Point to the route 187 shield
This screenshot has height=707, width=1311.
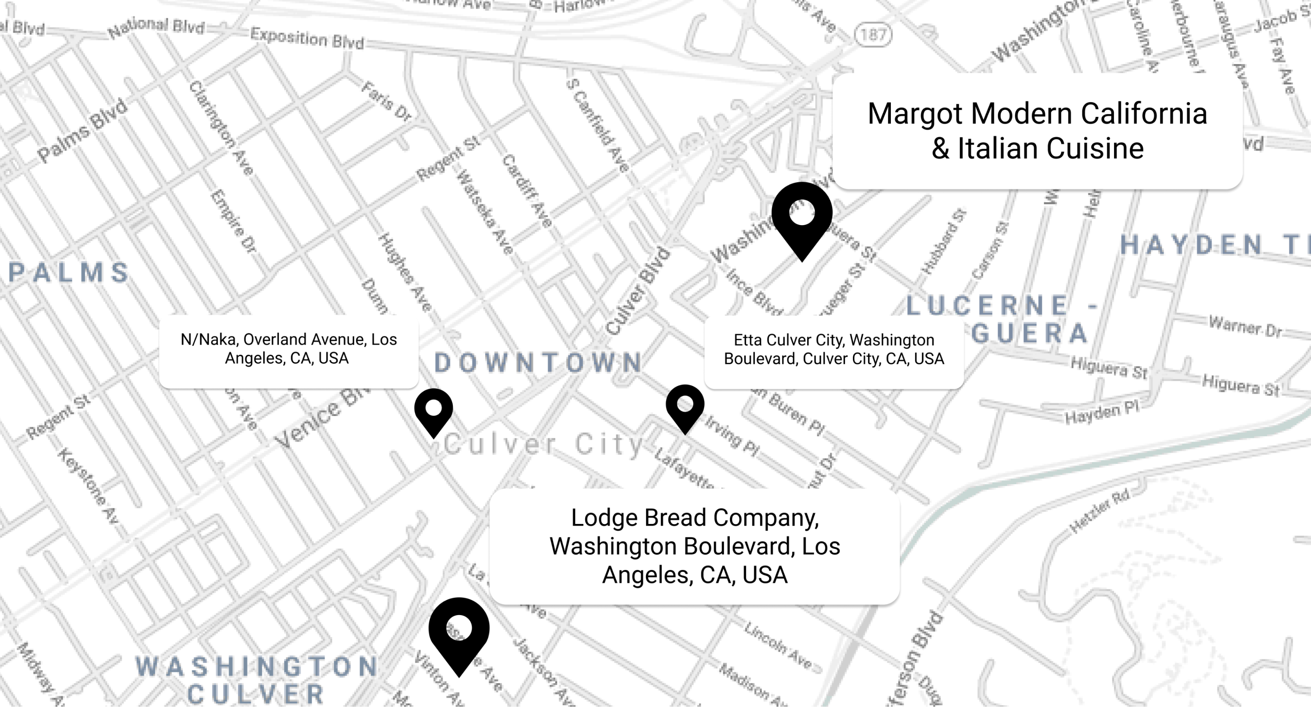pyautogui.click(x=873, y=35)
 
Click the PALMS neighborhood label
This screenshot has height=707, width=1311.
pyautogui.click(x=70, y=273)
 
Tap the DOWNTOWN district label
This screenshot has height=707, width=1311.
pyautogui.click(x=539, y=363)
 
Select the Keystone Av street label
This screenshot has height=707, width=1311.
pyautogui.click(x=88, y=485)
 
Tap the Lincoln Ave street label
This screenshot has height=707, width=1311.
pyautogui.click(x=777, y=645)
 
